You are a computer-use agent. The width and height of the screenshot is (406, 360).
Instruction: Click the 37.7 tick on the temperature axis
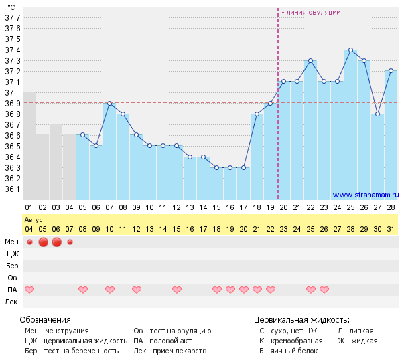pyautogui.click(x=13, y=17)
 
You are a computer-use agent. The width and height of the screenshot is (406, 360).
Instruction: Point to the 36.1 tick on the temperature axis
pyautogui.click(x=13, y=189)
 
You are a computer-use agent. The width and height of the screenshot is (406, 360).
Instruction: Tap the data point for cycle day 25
pyautogui.click(x=350, y=50)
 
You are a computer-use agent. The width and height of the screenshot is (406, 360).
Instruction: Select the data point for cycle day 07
pyautogui.click(x=110, y=103)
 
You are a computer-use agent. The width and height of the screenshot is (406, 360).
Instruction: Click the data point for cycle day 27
pyautogui.click(x=377, y=114)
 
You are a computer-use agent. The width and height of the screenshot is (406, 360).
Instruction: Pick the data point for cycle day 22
pyautogui.click(x=310, y=60)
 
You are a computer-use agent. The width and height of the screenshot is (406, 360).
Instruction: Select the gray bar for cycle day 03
pyautogui.click(x=56, y=161)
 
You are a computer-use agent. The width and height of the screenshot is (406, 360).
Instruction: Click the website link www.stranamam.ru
pyautogui.click(x=365, y=195)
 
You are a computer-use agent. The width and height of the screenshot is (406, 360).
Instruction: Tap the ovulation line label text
pyautogui.click(x=311, y=12)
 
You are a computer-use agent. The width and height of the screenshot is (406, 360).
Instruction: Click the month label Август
pyautogui.click(x=35, y=219)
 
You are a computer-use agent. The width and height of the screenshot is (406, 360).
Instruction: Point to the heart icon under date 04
pyautogui.click(x=29, y=290)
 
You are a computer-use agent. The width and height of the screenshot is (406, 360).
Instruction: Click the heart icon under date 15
pyautogui.click(x=177, y=290)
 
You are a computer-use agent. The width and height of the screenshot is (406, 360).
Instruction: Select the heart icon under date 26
pyautogui.click(x=324, y=290)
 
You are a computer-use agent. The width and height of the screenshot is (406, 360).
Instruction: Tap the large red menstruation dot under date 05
pyautogui.click(x=43, y=242)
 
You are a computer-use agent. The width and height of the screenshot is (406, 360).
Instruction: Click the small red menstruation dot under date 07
pyautogui.click(x=70, y=242)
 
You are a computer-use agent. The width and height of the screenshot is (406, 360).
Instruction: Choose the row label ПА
pyautogui.click(x=11, y=290)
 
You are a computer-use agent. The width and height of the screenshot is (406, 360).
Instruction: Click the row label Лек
pyautogui.click(x=11, y=302)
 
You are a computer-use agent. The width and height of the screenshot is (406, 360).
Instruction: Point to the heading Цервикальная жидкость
pyautogui.click(x=301, y=320)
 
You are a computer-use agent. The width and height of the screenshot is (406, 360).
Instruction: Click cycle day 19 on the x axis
pyautogui.click(x=270, y=208)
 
